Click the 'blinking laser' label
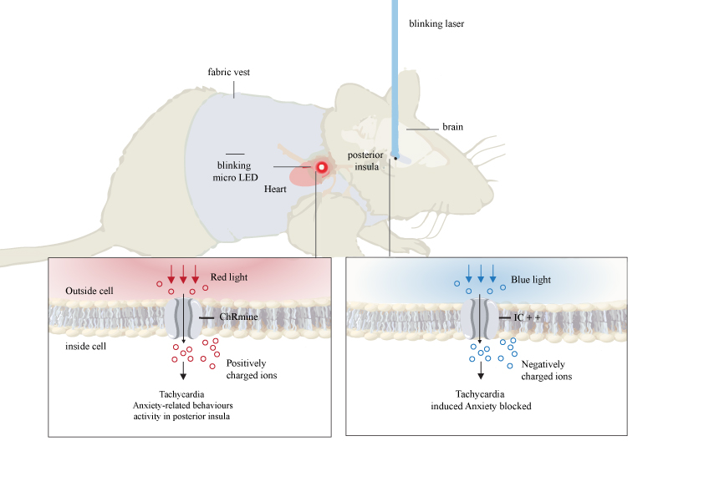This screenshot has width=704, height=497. click(x=436, y=24)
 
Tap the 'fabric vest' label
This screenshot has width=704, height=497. click(x=228, y=73)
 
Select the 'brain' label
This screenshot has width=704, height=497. click(x=452, y=127)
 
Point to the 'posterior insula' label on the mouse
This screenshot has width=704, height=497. click(x=367, y=160)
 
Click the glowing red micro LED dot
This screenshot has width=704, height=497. click(x=320, y=167)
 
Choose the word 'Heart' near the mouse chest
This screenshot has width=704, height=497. click(x=275, y=190)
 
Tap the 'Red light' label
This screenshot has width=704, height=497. click(x=228, y=276)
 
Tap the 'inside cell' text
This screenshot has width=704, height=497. click(x=84, y=344)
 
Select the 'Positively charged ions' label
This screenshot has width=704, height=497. click(x=252, y=369)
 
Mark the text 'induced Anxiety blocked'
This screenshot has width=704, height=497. click(x=481, y=407)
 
